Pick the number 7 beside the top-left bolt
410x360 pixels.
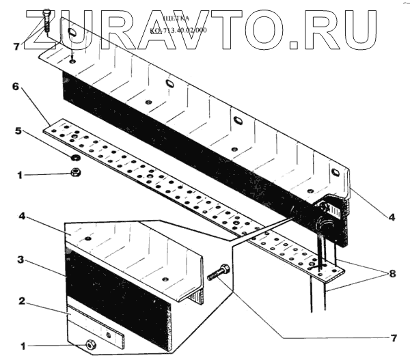(x=17, y=46)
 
